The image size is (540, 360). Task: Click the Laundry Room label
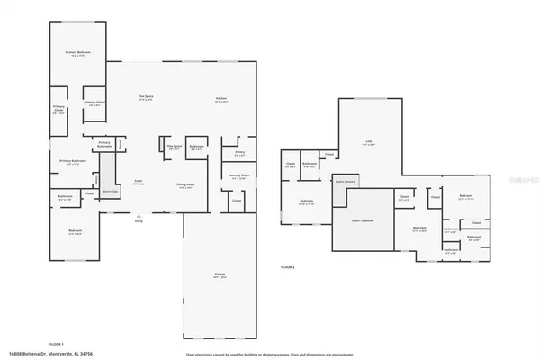(239, 177)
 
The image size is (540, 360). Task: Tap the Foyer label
(139, 182)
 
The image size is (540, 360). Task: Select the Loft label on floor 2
(369, 141)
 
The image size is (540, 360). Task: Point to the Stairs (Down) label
(343, 180)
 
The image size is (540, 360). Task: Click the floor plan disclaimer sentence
(266, 353)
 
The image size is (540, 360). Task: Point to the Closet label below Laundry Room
(237, 201)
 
